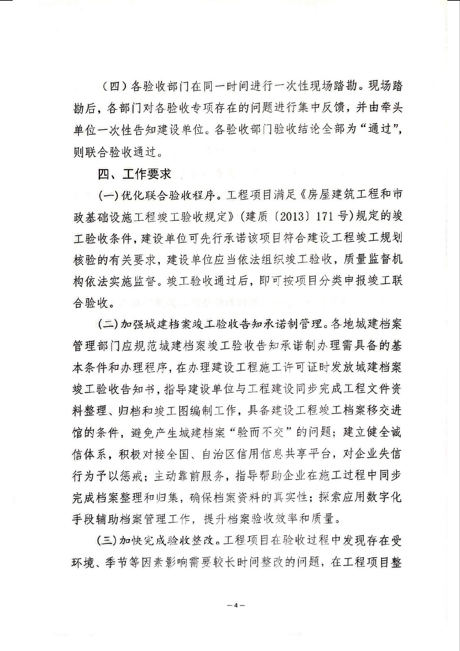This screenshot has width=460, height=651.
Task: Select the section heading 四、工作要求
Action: point(134,174)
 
